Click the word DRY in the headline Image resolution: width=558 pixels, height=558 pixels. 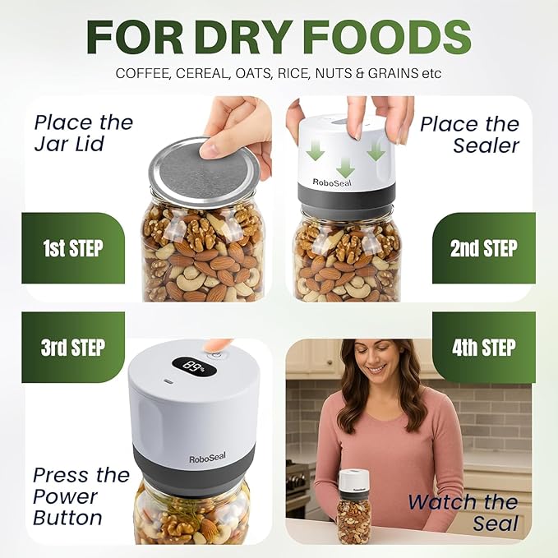click(x=247, y=37)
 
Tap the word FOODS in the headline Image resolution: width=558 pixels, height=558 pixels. click(x=388, y=37)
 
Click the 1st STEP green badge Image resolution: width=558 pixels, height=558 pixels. click(x=73, y=248)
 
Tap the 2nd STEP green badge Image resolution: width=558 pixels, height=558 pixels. click(x=484, y=248)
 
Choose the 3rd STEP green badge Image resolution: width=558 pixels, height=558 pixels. click(x=73, y=348)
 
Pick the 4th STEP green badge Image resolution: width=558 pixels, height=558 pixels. click(x=484, y=348)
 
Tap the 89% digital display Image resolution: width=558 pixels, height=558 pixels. click(x=194, y=367)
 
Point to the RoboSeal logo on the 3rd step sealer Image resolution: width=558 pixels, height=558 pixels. click(x=207, y=458)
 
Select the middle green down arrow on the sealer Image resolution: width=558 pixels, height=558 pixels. click(x=345, y=168)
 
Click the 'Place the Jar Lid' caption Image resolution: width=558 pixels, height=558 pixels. click(x=84, y=133)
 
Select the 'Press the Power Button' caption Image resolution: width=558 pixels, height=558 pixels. click(x=81, y=496)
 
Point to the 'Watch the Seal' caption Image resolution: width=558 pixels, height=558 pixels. click(x=463, y=513)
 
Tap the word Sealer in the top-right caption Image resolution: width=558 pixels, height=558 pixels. click(x=486, y=145)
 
